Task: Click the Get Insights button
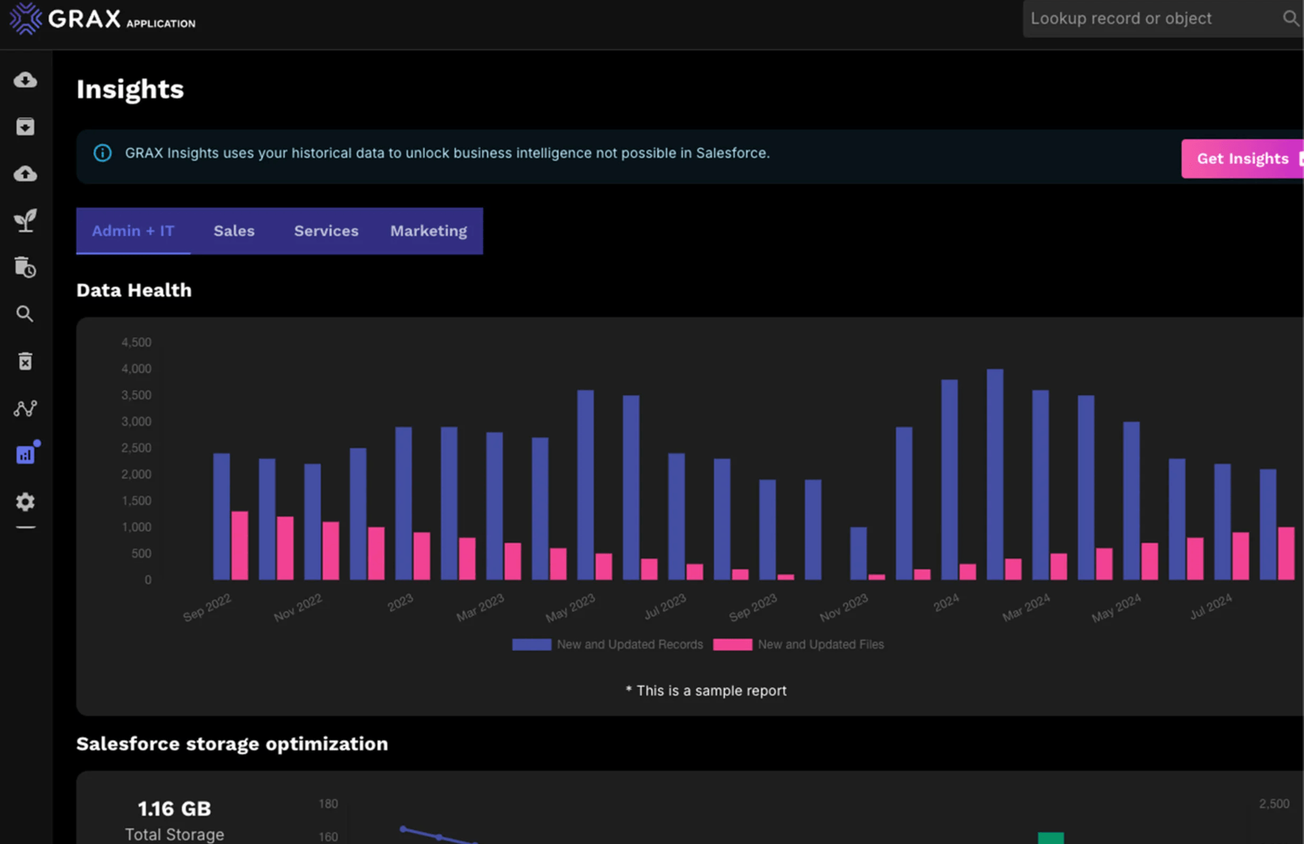(1242, 159)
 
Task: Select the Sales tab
(234, 231)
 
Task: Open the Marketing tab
(429, 231)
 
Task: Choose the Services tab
(326, 231)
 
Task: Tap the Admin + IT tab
(133, 231)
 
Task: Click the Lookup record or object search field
(1147, 18)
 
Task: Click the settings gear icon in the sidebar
(25, 502)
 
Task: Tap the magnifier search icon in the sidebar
(25, 314)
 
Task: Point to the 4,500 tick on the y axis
(136, 342)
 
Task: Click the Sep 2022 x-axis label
(208, 607)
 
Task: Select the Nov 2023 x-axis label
(844, 607)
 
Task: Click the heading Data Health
(134, 290)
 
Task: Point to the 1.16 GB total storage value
(174, 809)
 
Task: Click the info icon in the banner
(102, 153)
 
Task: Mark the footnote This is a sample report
(706, 691)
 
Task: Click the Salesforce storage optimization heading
(232, 744)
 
